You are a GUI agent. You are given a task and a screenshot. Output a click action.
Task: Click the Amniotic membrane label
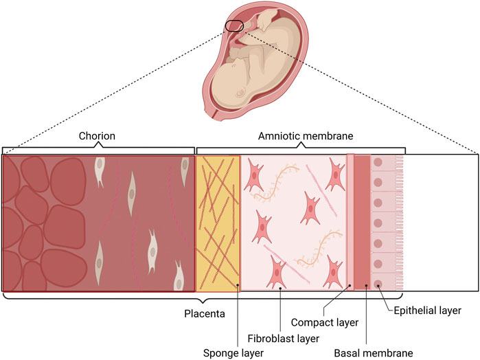pyautogui.click(x=300, y=136)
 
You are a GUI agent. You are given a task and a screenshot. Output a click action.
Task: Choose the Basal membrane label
pyautogui.click(x=374, y=353)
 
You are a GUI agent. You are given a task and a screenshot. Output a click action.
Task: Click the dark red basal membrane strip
pyautogui.click(x=362, y=223)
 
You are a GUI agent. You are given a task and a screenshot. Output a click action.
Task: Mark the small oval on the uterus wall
pyautogui.click(x=234, y=26)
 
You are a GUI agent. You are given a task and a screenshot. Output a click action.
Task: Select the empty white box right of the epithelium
pyautogui.click(x=443, y=223)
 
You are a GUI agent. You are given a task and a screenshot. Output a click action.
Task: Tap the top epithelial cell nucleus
pyautogui.click(x=378, y=164)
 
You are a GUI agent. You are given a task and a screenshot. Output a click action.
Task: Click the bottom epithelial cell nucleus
pyautogui.click(x=378, y=283)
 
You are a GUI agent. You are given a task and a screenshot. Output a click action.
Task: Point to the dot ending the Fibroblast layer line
pyautogui.click(x=282, y=289)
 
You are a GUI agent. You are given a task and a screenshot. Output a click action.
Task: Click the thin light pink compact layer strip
pyautogui.click(x=350, y=223)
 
